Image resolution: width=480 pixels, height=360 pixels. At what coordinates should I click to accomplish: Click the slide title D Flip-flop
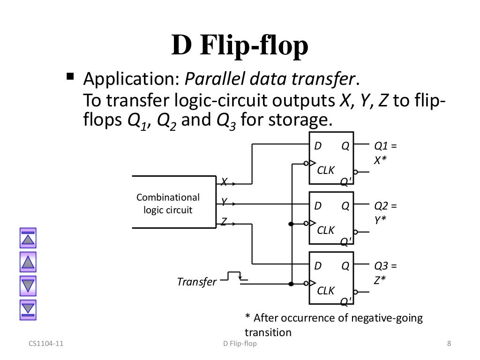point(240,48)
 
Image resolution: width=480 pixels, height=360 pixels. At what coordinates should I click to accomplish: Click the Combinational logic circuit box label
point(168,203)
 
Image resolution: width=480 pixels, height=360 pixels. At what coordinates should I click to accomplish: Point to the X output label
point(225,180)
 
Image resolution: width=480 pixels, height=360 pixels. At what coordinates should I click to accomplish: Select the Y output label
point(225,202)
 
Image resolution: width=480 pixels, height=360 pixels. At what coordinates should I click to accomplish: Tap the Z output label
point(224,224)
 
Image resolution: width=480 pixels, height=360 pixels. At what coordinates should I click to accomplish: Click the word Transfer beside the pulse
point(197,282)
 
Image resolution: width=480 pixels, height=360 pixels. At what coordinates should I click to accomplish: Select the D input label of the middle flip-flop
point(318,206)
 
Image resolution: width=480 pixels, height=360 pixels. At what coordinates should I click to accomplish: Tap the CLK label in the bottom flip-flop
point(326,291)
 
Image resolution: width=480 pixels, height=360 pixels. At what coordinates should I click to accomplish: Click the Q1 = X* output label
point(385,152)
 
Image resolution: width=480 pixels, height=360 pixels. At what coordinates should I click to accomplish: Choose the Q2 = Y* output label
point(385,212)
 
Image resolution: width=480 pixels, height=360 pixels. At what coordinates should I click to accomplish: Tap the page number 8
point(449,345)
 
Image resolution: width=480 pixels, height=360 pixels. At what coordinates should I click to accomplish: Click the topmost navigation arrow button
point(28,239)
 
